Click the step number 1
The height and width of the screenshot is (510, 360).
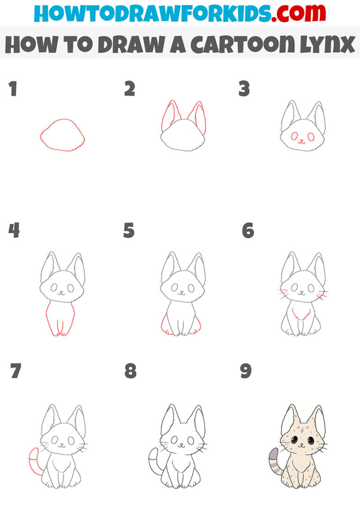click(13, 89)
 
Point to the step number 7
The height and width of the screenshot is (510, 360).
click(15, 371)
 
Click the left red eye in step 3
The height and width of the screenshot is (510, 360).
click(294, 137)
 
